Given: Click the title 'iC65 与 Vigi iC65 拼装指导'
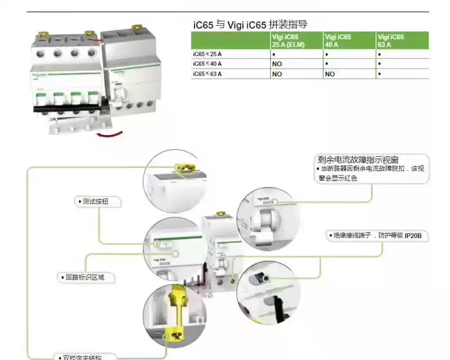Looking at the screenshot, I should coord(250,25).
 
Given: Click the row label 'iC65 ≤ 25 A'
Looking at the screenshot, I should coord(208,54).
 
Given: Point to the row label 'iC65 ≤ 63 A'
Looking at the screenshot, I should coord(208,74).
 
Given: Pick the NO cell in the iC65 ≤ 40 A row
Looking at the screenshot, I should coord(277,64).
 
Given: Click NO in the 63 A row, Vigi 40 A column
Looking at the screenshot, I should coord(330,74).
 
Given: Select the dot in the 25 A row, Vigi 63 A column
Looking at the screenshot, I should coord(380,55).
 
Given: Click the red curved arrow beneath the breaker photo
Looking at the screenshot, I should coord(110,133).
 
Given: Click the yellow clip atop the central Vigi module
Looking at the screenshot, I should coord(222,214).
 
